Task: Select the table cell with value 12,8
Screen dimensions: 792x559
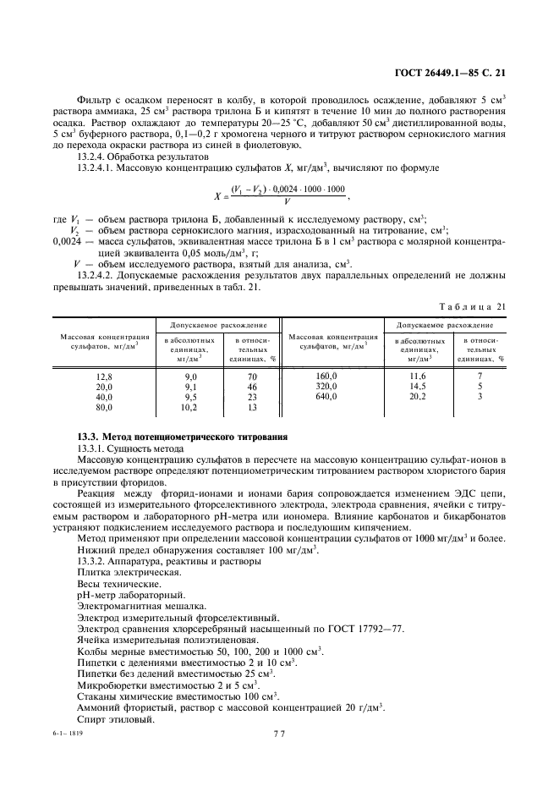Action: click(x=104, y=376)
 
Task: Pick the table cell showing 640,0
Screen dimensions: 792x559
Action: click(x=326, y=396)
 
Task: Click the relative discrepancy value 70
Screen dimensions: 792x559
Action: click(x=251, y=376)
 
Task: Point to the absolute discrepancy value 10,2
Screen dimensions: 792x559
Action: click(x=190, y=406)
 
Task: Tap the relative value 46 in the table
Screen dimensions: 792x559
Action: click(x=251, y=386)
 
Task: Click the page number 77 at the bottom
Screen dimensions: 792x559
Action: click(x=279, y=734)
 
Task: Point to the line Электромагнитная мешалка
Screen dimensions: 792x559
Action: click(x=141, y=607)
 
